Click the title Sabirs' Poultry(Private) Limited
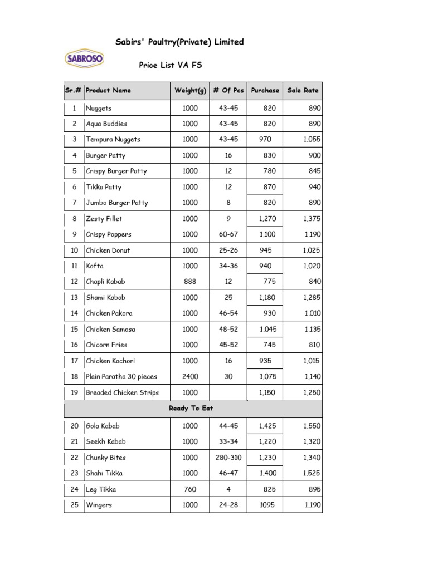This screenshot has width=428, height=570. point(179,42)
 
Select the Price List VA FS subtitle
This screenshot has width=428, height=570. point(170,65)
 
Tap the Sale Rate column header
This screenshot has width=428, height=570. point(303,90)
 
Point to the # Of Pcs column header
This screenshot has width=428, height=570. point(228,90)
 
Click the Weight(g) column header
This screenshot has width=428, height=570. point(190,90)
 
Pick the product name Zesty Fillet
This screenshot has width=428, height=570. point(104,219)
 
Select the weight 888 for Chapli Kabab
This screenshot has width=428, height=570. point(190,282)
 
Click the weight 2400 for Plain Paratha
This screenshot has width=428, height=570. point(190,377)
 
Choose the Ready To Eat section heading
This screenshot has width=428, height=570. point(191,408)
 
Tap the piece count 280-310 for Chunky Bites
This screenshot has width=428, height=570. point(228,458)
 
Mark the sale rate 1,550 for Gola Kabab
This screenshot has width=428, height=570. point(312,426)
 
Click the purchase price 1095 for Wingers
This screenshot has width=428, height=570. point(267,505)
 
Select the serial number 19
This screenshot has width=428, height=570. point(74,392)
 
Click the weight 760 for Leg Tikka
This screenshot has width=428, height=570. point(190,489)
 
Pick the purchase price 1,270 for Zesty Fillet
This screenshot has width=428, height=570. point(267,219)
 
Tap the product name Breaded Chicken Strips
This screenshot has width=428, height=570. point(122,392)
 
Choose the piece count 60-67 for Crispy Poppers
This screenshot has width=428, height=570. point(228,234)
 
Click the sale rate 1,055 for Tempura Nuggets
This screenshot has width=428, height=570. point(312,139)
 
